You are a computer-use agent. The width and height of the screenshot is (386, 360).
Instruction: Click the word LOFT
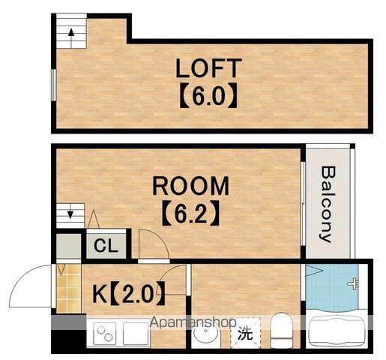click(208, 68)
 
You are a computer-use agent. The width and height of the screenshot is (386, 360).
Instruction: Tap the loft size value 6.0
click(208, 96)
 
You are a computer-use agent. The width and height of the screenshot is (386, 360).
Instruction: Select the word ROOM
click(190, 186)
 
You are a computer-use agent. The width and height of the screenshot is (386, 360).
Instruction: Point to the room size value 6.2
click(191, 213)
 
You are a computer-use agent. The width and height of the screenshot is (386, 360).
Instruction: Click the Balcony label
click(327, 204)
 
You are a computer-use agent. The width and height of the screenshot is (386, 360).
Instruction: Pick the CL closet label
click(106, 246)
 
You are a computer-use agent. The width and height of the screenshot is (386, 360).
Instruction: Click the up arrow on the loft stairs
click(71, 37)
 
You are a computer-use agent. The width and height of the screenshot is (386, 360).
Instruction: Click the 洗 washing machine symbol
click(245, 334)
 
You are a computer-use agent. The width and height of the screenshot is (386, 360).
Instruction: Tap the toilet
click(281, 330)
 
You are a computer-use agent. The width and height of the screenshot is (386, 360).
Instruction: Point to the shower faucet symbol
click(354, 283)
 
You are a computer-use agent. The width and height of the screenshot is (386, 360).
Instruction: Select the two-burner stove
click(104, 334)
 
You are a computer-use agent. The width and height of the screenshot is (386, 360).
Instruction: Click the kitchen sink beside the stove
click(136, 334)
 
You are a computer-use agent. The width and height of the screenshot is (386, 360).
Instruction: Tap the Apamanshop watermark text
click(193, 322)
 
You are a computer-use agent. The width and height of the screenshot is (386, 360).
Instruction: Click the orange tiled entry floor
click(68, 288)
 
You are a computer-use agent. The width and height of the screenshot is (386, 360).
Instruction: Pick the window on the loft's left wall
click(53, 85)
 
